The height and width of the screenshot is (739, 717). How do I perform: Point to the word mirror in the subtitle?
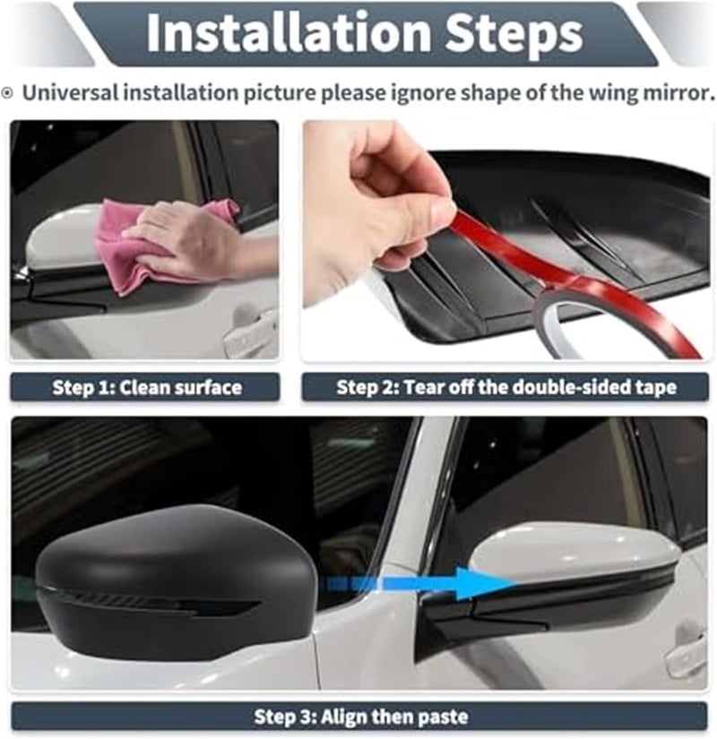tap(676, 92)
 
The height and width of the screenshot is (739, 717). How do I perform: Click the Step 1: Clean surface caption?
tap(147, 387)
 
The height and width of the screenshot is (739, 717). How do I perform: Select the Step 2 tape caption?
tap(506, 387)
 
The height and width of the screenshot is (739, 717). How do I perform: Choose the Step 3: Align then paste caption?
tap(361, 717)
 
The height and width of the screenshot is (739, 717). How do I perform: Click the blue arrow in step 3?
tap(419, 584)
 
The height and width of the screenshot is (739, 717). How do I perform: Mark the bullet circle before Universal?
tap(7, 93)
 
